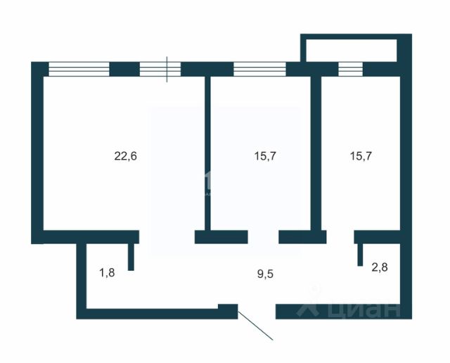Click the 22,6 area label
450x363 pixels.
point(125,156)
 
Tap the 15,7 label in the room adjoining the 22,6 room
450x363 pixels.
point(264,156)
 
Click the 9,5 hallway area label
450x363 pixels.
point(265,274)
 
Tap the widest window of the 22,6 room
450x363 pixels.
point(79,69)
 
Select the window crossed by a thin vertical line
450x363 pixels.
point(160,69)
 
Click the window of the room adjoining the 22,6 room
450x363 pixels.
point(259,69)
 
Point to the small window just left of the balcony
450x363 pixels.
point(350,69)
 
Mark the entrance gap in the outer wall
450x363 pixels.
point(256,310)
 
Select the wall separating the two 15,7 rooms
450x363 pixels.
point(316,155)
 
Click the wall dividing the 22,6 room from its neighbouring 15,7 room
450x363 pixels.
point(208,155)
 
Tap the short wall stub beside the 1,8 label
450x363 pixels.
point(131,257)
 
